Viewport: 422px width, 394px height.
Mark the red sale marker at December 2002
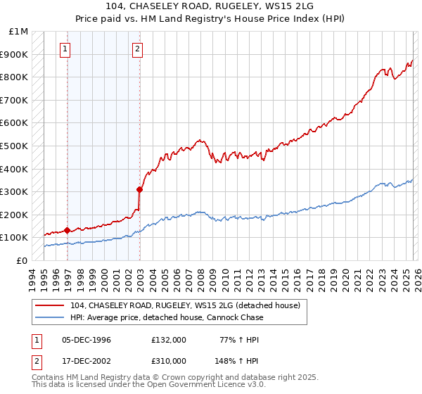point(139,189)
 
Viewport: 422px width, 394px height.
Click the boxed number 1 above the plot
point(65,49)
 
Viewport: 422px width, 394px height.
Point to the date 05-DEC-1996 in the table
point(86,340)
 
